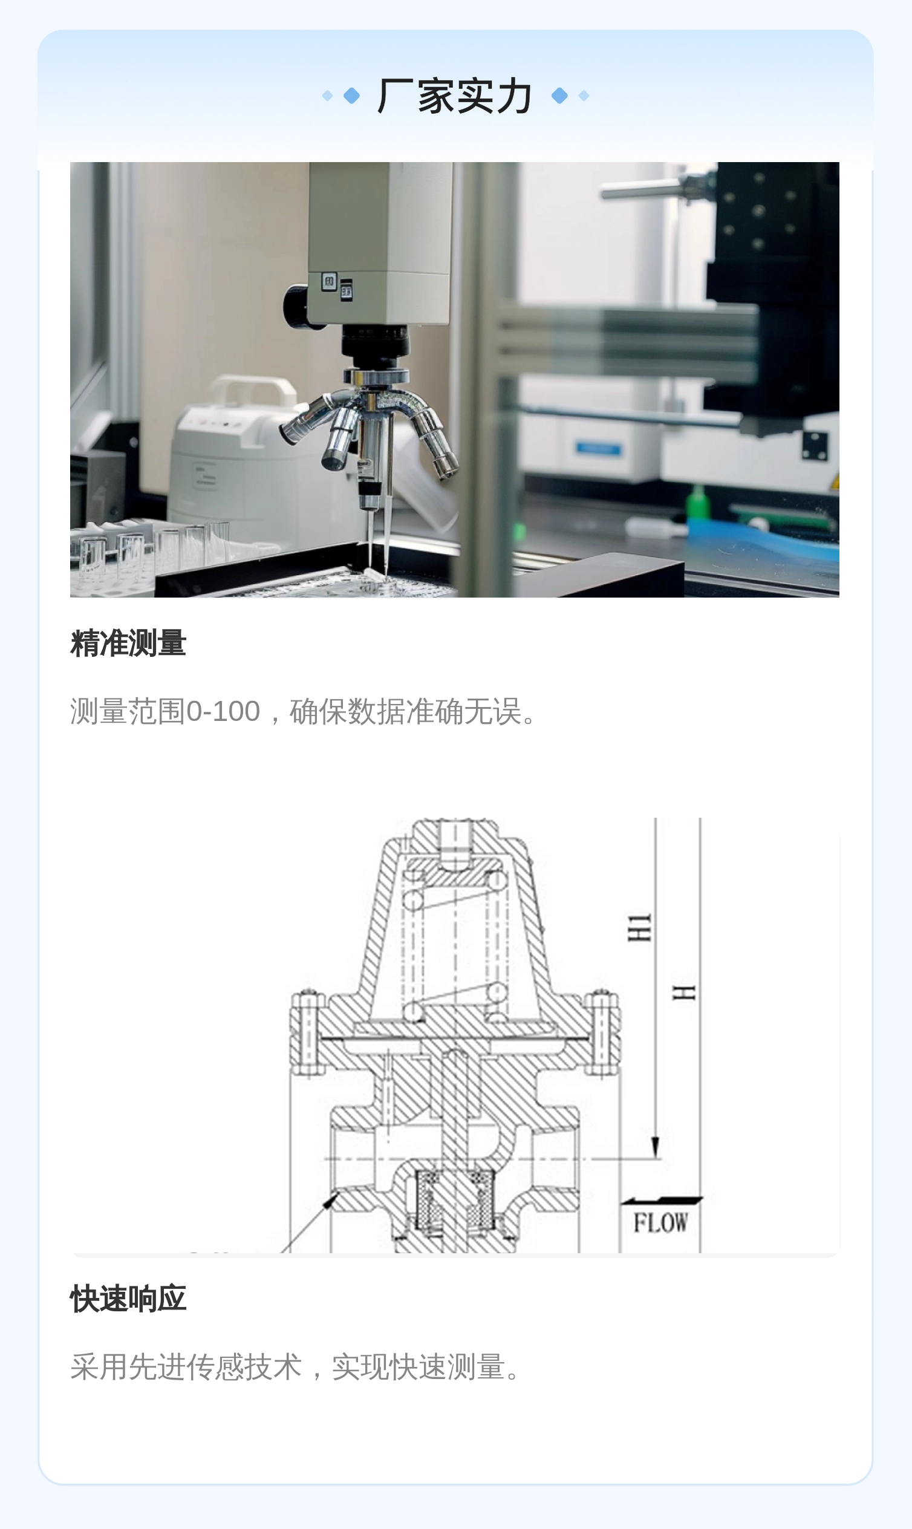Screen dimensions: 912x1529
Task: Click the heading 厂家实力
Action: [455, 96]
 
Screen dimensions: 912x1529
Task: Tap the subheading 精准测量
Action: [128, 644]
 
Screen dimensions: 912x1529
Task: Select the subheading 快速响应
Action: [128, 1299]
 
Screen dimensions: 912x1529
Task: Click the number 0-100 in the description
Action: [223, 711]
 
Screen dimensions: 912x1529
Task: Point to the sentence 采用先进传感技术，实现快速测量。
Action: [299, 1367]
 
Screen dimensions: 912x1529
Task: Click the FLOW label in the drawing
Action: [660, 1223]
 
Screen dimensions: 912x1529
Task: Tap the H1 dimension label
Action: [639, 928]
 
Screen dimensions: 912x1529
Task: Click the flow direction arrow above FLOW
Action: [661, 1200]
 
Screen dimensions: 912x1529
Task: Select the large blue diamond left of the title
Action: [351, 96]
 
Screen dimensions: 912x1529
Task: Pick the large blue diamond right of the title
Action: [559, 96]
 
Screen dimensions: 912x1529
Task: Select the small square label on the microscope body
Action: [330, 282]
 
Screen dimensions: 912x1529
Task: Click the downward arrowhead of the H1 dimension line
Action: [656, 1147]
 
